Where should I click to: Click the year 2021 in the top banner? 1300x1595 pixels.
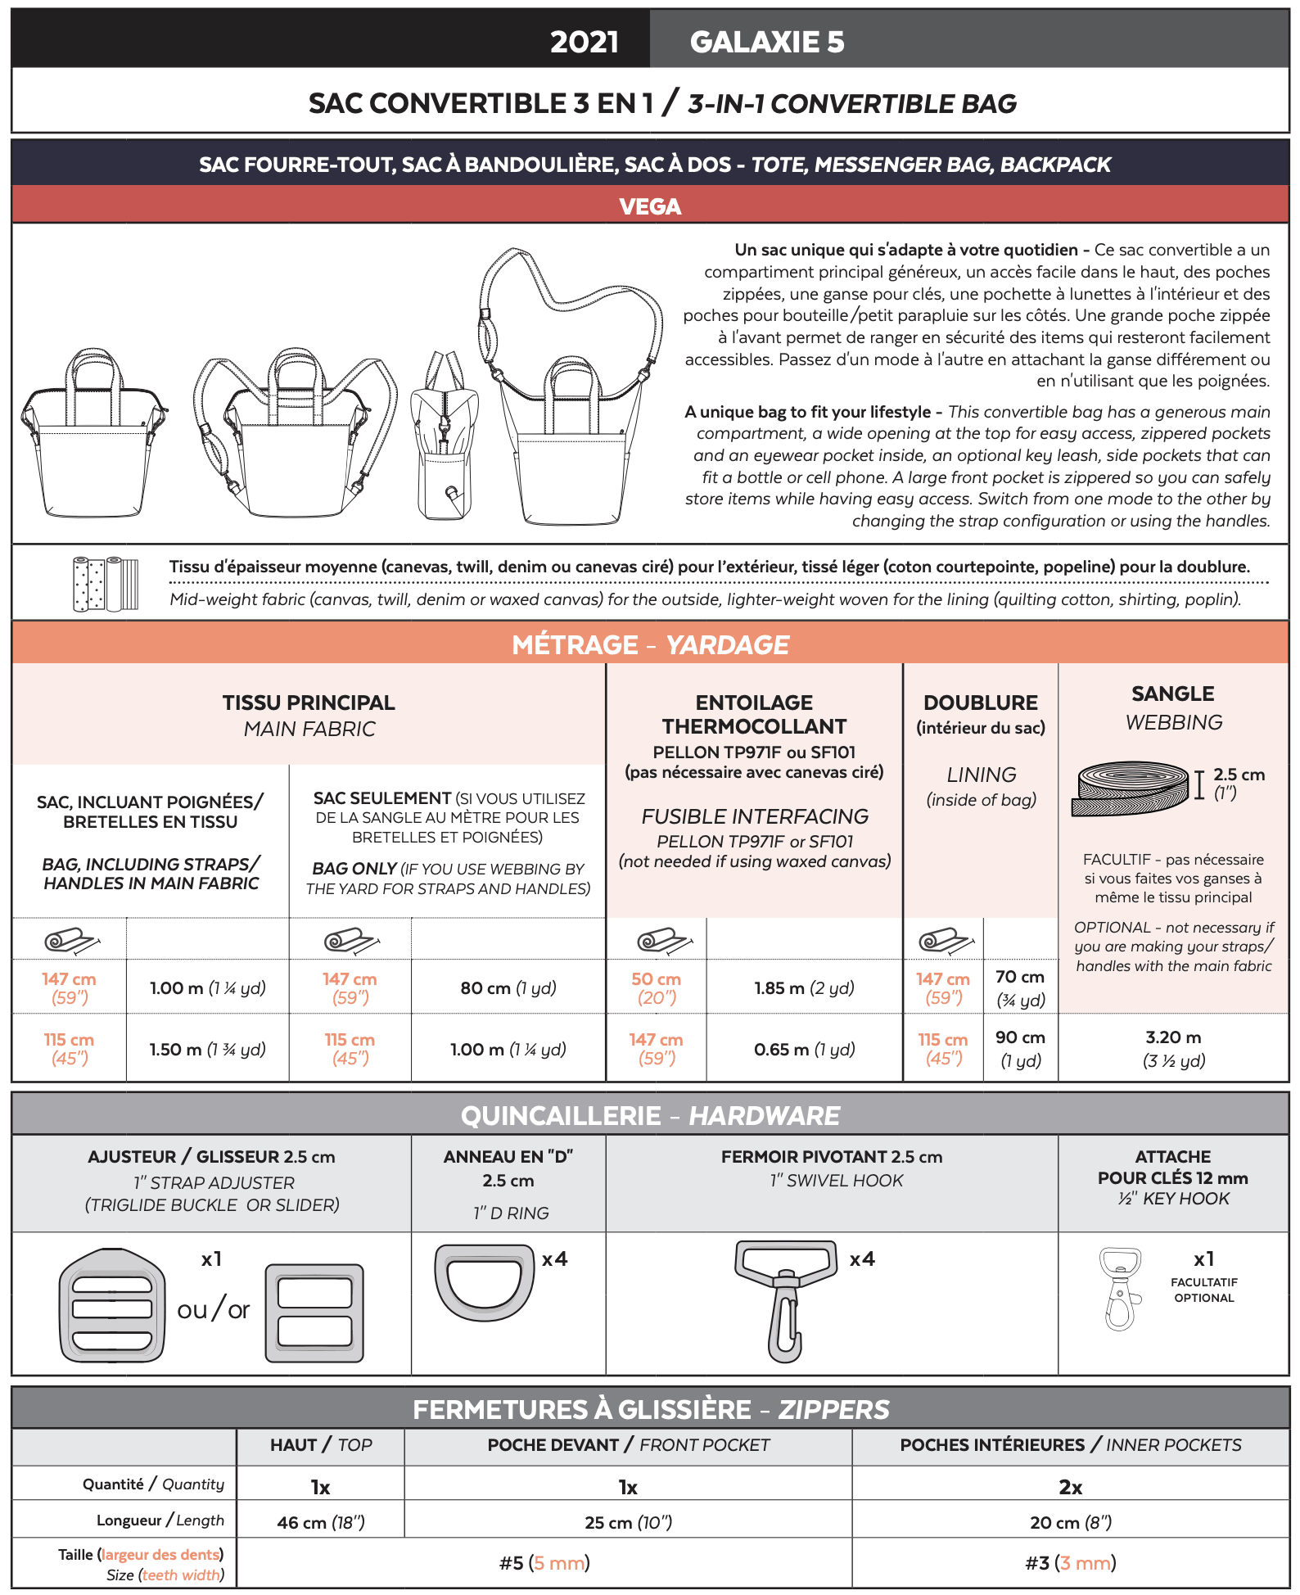(x=584, y=42)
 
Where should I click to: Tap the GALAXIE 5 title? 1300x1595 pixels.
(x=767, y=42)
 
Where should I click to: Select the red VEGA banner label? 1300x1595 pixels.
(x=650, y=206)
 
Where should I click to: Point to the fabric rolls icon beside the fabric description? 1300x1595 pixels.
(x=106, y=584)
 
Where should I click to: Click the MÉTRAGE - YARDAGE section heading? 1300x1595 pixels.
(x=650, y=645)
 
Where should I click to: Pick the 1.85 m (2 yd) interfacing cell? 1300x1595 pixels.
(x=804, y=988)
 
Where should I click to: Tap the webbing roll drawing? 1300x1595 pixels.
(x=1130, y=788)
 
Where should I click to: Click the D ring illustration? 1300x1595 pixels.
(x=483, y=1282)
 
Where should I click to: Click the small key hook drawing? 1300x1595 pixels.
(x=1121, y=1289)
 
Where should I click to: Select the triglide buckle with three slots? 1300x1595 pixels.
(x=112, y=1305)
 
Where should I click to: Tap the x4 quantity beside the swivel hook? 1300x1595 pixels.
(x=862, y=1259)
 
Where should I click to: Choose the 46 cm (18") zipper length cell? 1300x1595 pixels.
(x=321, y=1522)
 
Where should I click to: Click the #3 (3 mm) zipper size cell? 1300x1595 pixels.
(x=1071, y=1563)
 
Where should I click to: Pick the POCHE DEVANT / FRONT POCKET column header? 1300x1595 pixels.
(x=628, y=1445)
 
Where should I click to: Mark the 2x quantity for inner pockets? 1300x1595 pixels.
(x=1071, y=1487)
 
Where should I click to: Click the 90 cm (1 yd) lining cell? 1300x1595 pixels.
(x=1020, y=1049)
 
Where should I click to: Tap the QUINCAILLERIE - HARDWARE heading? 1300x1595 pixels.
(x=650, y=1115)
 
